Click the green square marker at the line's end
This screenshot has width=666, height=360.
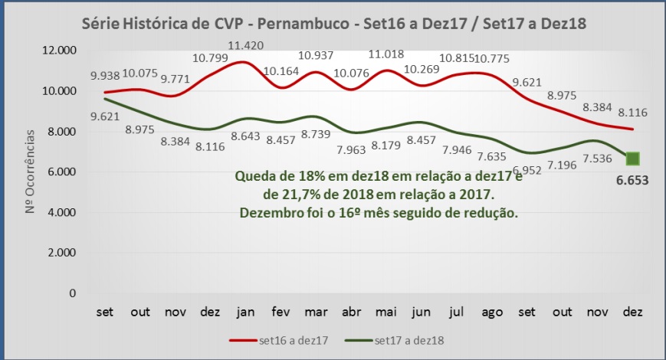pyautogui.click(x=632, y=159)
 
